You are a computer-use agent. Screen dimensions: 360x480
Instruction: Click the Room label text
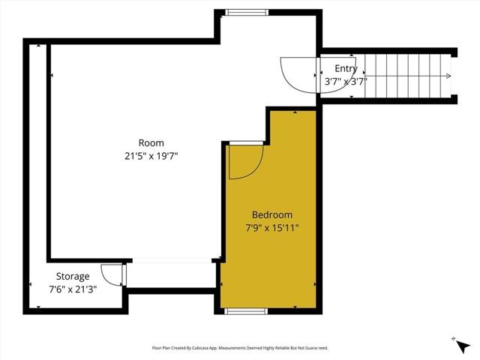point(151,142)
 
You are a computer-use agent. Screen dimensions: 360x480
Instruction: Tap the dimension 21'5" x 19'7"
point(151,156)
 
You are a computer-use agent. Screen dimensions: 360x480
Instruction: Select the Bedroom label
point(271,214)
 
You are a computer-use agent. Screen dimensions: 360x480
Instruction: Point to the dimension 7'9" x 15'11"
point(271,228)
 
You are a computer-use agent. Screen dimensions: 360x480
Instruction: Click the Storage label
point(73,276)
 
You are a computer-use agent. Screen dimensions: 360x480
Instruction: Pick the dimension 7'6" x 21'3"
point(73,289)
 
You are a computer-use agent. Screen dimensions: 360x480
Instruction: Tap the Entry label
point(346,68)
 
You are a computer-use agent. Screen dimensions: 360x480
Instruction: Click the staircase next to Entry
point(405,75)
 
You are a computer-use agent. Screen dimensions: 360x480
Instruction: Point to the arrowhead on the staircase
point(448,75)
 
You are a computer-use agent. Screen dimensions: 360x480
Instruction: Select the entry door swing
point(298,75)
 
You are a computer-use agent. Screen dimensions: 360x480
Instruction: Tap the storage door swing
point(112,274)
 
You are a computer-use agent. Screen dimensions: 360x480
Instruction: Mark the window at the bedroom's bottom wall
point(246,310)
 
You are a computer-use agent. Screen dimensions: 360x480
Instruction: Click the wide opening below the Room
point(171,261)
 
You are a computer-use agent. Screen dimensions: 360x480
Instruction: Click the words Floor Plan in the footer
point(161,348)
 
